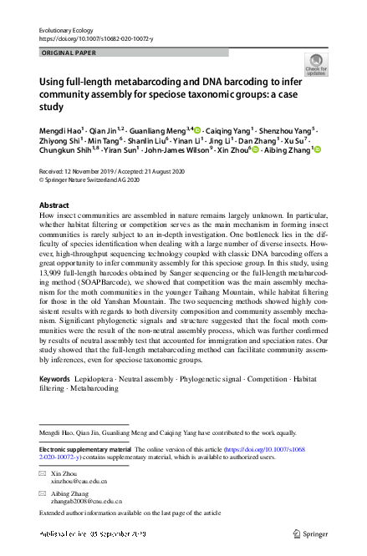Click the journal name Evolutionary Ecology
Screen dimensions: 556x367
click(64, 29)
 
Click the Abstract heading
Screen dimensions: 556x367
click(55, 205)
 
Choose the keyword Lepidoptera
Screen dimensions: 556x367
click(99, 379)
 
